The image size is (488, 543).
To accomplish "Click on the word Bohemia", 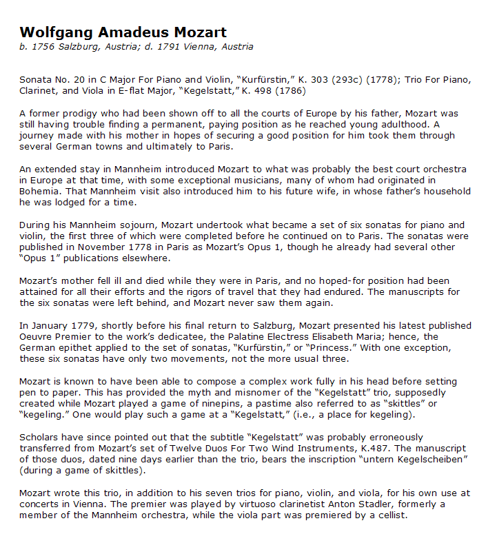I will (41, 181).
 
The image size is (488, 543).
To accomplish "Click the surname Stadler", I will (314, 504).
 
